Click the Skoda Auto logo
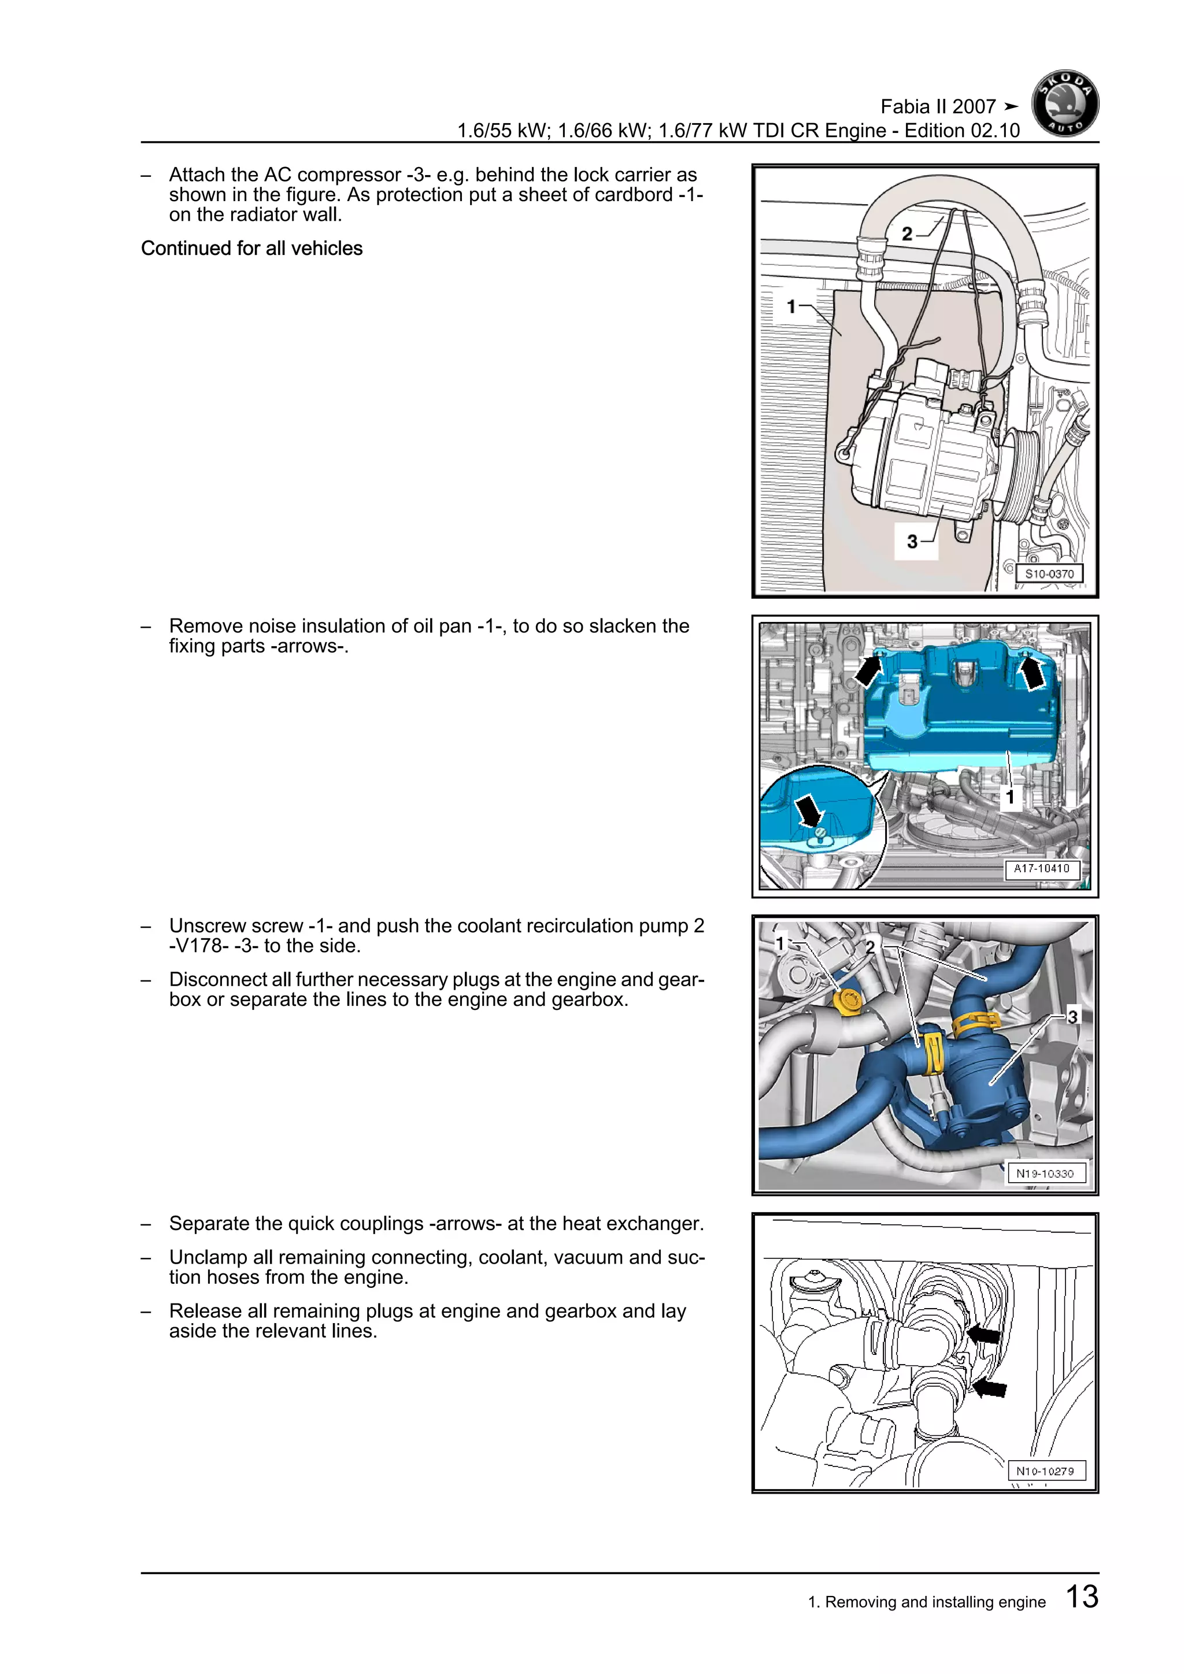tap(1065, 103)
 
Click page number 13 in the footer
tap(1081, 1596)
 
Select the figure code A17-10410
tap(1041, 868)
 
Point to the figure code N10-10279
tap(1045, 1471)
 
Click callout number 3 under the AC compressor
tap(912, 542)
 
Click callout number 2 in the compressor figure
tap(906, 234)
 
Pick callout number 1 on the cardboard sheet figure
tap(791, 306)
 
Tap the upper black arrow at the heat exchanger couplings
tap(983, 1334)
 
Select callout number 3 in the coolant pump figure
tap(1072, 1016)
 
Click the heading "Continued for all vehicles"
tap(251, 249)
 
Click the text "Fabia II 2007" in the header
tap(938, 107)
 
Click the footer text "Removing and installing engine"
tap(935, 1602)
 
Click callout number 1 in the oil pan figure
tap(1010, 798)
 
